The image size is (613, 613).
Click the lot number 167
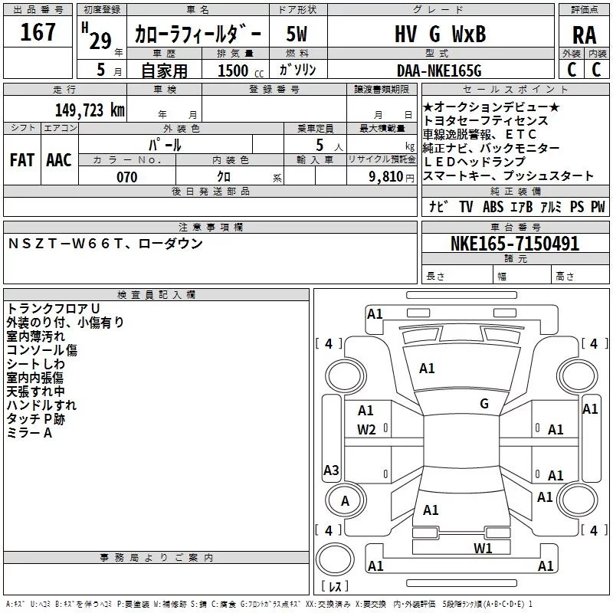[38, 32]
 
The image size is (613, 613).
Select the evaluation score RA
[584, 34]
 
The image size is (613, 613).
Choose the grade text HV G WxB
[440, 34]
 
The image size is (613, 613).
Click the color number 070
[126, 177]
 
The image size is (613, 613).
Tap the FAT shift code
[21, 159]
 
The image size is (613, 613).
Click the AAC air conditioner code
[59, 159]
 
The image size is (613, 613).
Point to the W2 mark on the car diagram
[366, 429]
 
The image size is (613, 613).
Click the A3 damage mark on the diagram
[331, 470]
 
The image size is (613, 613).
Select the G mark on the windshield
[484, 403]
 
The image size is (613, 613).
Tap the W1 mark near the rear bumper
[482, 547]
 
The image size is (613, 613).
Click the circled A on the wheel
[345, 500]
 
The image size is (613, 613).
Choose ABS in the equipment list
[493, 207]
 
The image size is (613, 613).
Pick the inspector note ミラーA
[29, 433]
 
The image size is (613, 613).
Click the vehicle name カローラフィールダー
[198, 34]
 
